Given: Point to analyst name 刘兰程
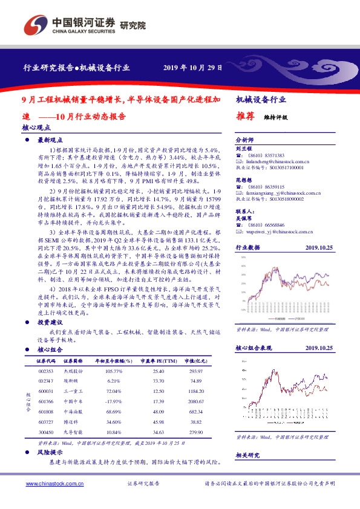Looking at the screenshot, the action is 243,148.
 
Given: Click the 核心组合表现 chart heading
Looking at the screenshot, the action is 254,348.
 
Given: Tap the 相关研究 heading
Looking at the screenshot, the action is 247,455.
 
